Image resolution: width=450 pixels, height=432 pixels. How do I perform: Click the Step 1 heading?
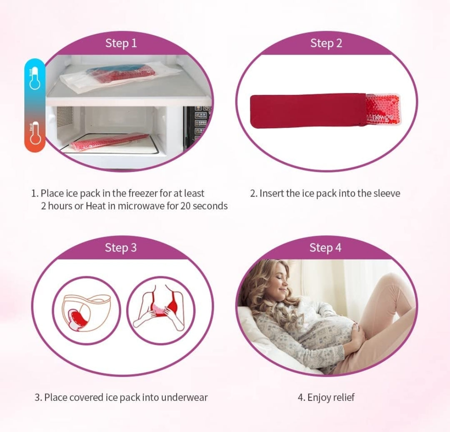coord(121,43)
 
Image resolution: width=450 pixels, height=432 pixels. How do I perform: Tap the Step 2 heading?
coord(326,43)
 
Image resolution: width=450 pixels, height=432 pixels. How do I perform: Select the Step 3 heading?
coord(120,247)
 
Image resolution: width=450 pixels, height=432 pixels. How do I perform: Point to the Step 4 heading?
coord(325,247)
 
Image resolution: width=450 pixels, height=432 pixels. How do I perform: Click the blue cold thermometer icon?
coord(35,78)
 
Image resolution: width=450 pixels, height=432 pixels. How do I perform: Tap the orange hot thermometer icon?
coord(35,133)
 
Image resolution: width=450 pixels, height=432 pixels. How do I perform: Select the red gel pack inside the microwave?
coord(109,141)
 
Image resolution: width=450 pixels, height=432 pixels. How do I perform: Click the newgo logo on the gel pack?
coord(382,117)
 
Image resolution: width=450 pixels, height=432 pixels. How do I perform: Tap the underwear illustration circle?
coord(87,311)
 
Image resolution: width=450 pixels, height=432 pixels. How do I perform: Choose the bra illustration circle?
coord(161,311)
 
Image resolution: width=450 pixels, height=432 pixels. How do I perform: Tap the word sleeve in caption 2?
coord(387,193)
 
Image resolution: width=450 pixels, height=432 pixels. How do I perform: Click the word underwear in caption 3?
coord(184,397)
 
